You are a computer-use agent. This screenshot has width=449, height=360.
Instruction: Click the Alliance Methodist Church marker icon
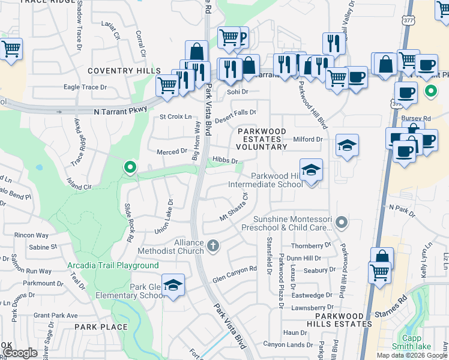213,245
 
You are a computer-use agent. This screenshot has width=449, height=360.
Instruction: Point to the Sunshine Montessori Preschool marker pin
342,223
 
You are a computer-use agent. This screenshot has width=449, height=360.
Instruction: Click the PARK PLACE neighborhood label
101,327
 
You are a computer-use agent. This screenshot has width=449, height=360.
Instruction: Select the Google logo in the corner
20,353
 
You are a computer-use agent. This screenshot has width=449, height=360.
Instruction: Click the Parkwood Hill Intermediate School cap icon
311,170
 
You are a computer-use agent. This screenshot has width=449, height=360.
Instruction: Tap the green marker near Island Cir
129,167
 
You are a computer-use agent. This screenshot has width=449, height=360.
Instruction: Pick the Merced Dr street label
172,152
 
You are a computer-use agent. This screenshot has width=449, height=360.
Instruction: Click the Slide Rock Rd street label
128,222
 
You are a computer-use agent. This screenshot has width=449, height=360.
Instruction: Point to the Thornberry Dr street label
311,245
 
